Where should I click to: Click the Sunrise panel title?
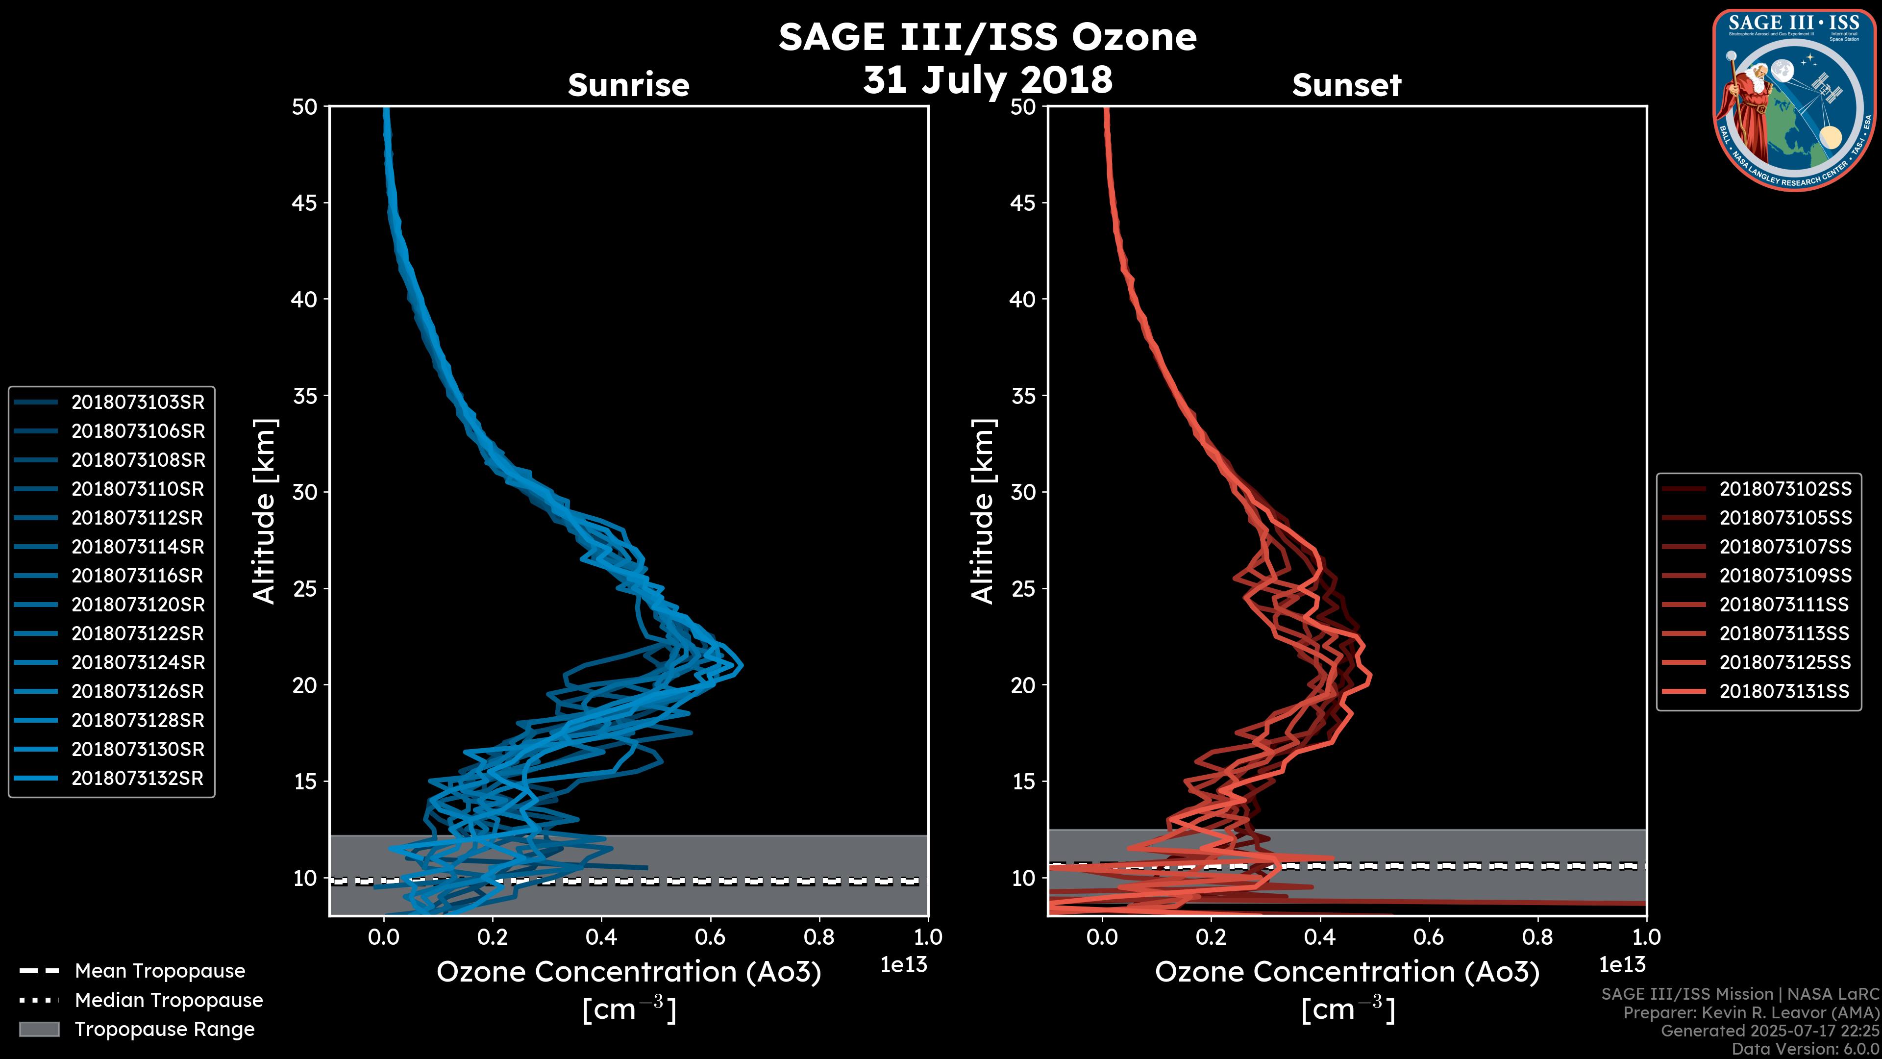click(628, 85)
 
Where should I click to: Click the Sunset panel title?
click(1346, 85)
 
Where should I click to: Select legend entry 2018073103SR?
click(137, 402)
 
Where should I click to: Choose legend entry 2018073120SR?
click(137, 605)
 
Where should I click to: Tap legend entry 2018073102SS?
click(1785, 489)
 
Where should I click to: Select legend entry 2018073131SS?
click(1785, 691)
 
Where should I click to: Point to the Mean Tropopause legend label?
click(160, 971)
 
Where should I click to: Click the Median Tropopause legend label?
click(169, 1000)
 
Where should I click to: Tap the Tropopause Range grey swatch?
click(39, 1029)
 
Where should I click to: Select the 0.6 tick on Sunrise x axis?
click(710, 937)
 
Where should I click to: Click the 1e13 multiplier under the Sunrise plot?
click(904, 965)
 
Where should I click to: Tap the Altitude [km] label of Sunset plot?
click(983, 511)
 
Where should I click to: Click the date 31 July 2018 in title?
click(988, 79)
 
